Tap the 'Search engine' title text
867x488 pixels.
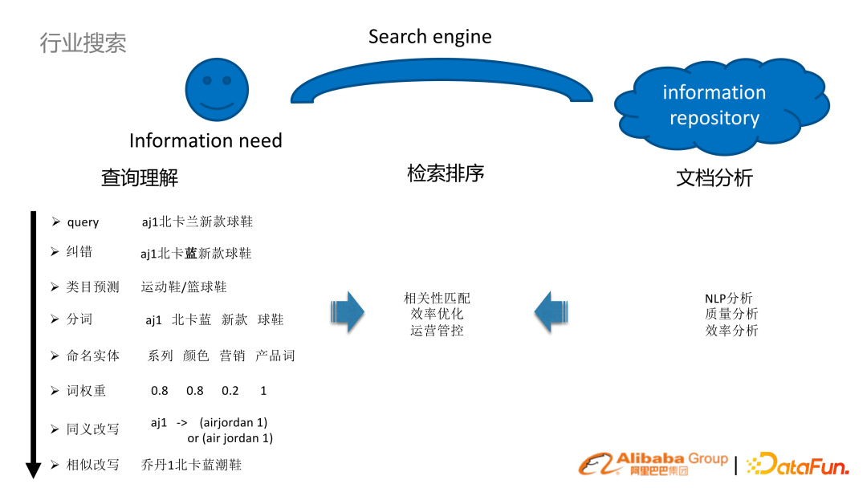[x=429, y=37]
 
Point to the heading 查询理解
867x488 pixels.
[x=140, y=177]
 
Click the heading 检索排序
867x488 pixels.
[x=446, y=173]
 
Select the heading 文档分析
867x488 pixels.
[x=714, y=177]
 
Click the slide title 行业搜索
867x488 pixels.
[x=83, y=43]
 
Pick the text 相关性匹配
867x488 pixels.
[x=438, y=298]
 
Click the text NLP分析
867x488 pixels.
[x=729, y=299]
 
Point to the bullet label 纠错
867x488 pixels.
[x=79, y=252]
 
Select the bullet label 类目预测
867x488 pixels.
[x=92, y=287]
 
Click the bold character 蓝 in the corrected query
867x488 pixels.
[x=191, y=254]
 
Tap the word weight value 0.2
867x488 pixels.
[x=230, y=391]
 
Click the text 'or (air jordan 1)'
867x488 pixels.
[x=230, y=438]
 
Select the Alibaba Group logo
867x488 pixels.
[x=653, y=463]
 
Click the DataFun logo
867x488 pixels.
[x=798, y=464]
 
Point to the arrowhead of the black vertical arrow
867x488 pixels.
[x=34, y=470]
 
